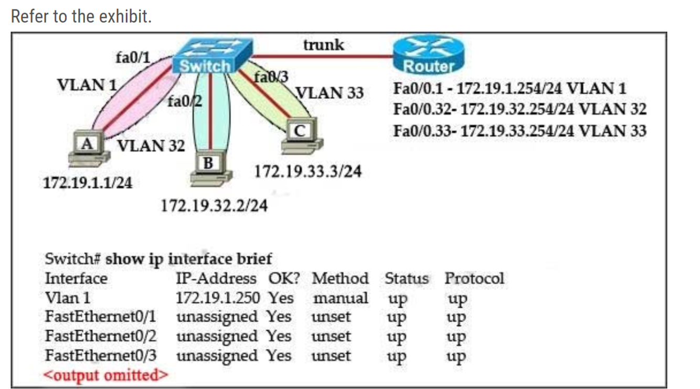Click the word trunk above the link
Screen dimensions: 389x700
tap(324, 45)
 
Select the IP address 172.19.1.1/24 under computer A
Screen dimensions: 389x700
tap(88, 183)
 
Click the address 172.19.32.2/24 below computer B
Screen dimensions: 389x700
tap(214, 206)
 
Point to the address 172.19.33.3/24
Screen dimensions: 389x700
tap(308, 171)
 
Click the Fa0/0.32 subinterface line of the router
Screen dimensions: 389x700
tap(519, 109)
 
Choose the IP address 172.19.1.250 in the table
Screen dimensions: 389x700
tap(217, 298)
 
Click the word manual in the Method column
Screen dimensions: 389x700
tap(340, 298)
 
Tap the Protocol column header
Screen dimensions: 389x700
tap(474, 278)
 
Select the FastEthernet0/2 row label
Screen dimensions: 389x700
tap(101, 336)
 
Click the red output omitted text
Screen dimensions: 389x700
tap(107, 375)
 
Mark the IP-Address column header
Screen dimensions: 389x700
tap(216, 278)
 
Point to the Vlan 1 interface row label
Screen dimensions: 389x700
tap(68, 298)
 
